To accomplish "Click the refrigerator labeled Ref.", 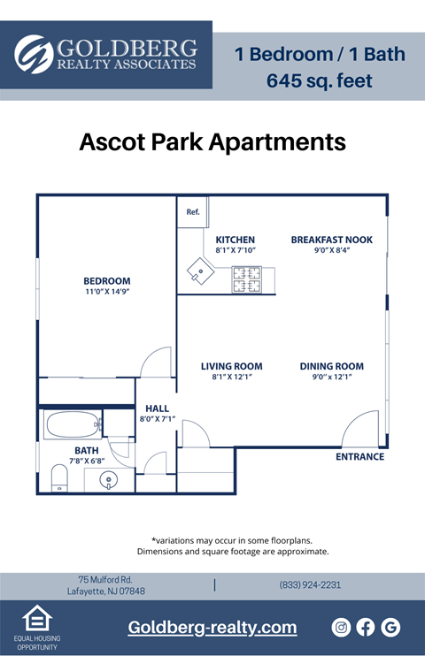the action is [x=192, y=212].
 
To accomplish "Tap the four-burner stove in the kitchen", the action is [x=247, y=279].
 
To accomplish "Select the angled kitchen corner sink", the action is [x=200, y=271].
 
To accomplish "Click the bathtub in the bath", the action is [x=73, y=424].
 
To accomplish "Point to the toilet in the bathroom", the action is [x=59, y=478].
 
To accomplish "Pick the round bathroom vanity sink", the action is [x=109, y=479].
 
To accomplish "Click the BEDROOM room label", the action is [x=107, y=281].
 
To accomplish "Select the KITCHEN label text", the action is [x=236, y=240].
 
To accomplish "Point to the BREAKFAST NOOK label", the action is [x=331, y=240].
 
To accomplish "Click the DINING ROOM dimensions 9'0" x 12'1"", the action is [x=331, y=377].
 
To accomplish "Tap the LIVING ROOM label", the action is [x=231, y=367].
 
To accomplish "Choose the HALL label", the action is [x=158, y=408].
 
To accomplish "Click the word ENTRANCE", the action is [x=359, y=457].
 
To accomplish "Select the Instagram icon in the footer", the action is [x=341, y=627].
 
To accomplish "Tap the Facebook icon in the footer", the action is [x=366, y=627].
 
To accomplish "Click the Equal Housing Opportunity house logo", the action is [x=37, y=618].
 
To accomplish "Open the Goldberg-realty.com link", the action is [x=212, y=628].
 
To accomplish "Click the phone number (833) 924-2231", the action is [x=310, y=585].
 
